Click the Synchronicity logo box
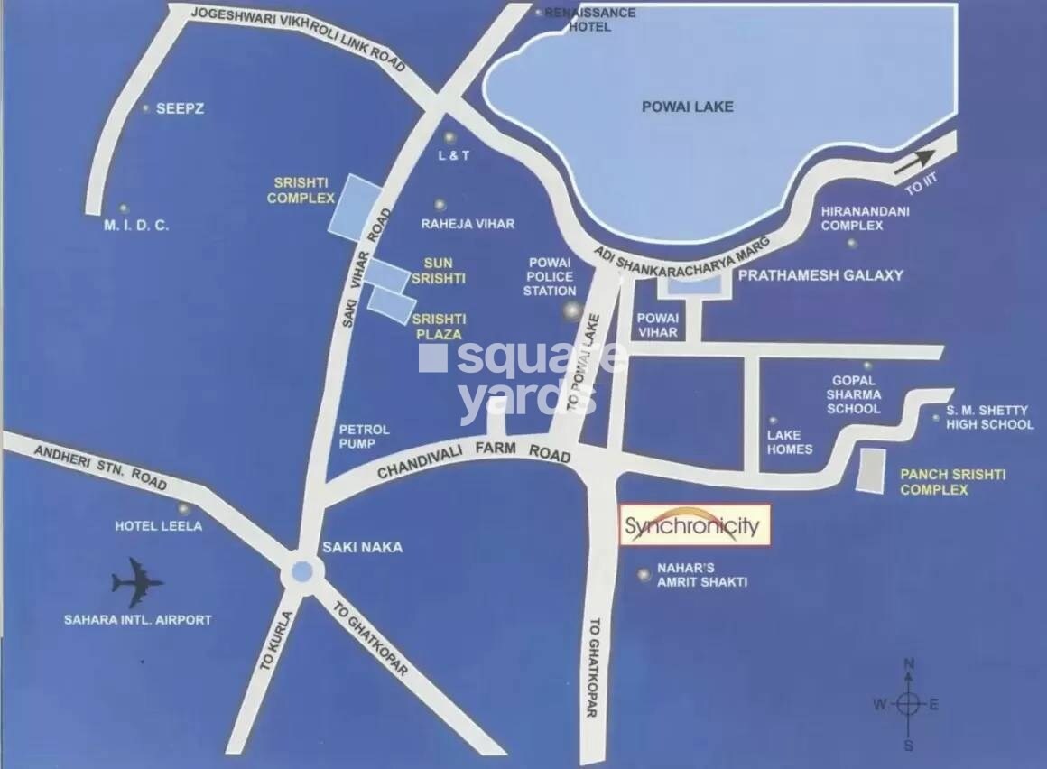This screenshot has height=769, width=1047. point(695,524)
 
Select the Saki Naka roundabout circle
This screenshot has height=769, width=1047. point(301,571)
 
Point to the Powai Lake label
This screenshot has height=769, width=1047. point(687,107)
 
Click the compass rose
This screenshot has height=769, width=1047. point(909,704)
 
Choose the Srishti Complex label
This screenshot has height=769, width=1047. point(301,190)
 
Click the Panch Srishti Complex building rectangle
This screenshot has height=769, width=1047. point(871,470)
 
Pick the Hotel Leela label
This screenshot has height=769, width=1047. point(158,526)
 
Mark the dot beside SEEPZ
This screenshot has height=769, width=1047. point(146,107)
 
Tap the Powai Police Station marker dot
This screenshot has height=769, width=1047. point(571,312)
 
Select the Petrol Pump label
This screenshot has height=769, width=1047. point(364,436)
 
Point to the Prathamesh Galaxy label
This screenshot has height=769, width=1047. point(820,275)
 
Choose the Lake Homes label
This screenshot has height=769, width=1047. point(790,441)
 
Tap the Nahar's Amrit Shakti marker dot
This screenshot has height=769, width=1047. point(644,574)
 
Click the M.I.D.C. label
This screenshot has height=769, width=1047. point(135,226)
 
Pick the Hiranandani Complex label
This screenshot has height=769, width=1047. point(865,218)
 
